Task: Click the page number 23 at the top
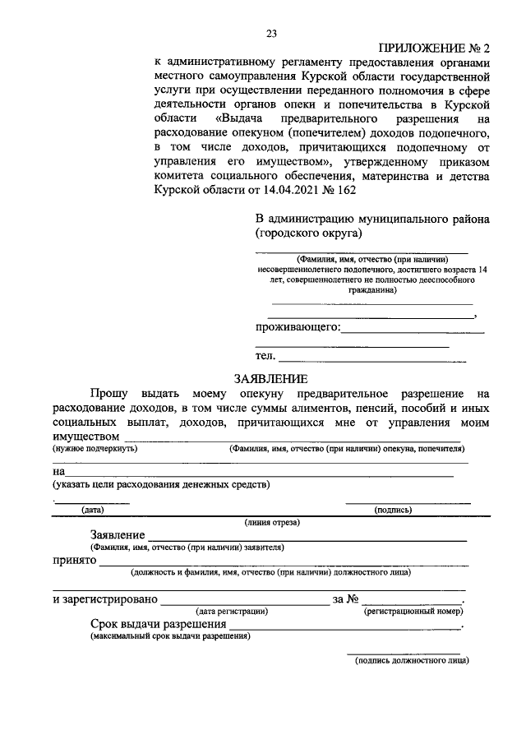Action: tap(271, 33)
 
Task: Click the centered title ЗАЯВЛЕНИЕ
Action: tap(270, 379)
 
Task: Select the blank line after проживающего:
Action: tap(413, 329)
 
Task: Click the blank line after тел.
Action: tap(372, 358)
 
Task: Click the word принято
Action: tap(75, 561)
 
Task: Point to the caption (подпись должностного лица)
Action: tap(406, 659)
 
